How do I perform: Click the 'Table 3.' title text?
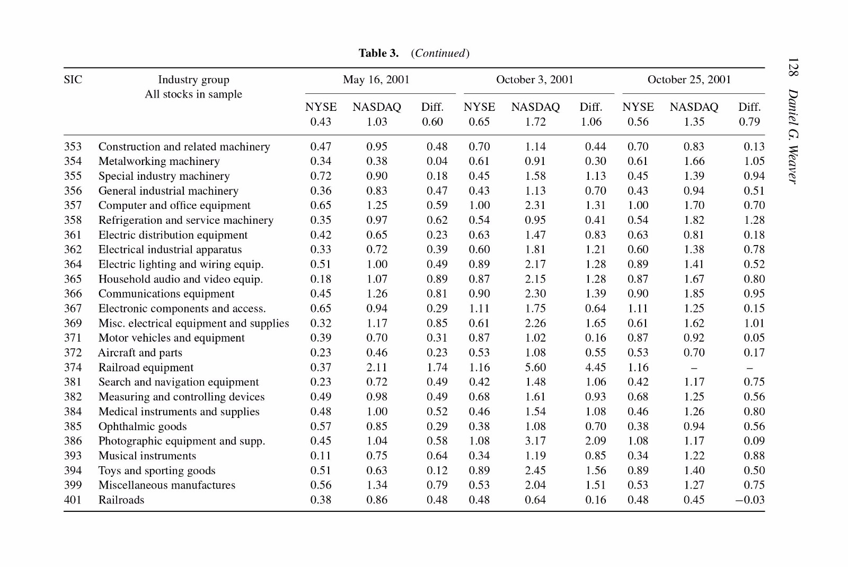point(378,53)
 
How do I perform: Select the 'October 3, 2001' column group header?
point(535,80)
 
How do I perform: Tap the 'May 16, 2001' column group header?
point(376,80)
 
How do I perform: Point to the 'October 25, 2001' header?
point(689,80)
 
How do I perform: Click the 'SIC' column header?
point(73,80)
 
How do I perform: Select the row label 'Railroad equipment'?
point(146,368)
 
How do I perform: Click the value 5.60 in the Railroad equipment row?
point(535,368)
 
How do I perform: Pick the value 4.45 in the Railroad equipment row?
point(596,368)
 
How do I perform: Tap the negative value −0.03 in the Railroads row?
point(749,500)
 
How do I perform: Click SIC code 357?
point(73,205)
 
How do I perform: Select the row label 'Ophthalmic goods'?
point(143,426)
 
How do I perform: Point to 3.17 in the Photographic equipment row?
point(535,441)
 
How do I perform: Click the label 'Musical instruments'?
point(147,456)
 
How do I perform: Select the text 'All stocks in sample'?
point(193,94)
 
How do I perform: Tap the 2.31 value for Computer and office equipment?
point(535,205)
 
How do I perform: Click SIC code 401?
point(73,500)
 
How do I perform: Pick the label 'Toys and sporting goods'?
point(157,470)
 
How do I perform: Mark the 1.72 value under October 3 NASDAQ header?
point(535,121)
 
